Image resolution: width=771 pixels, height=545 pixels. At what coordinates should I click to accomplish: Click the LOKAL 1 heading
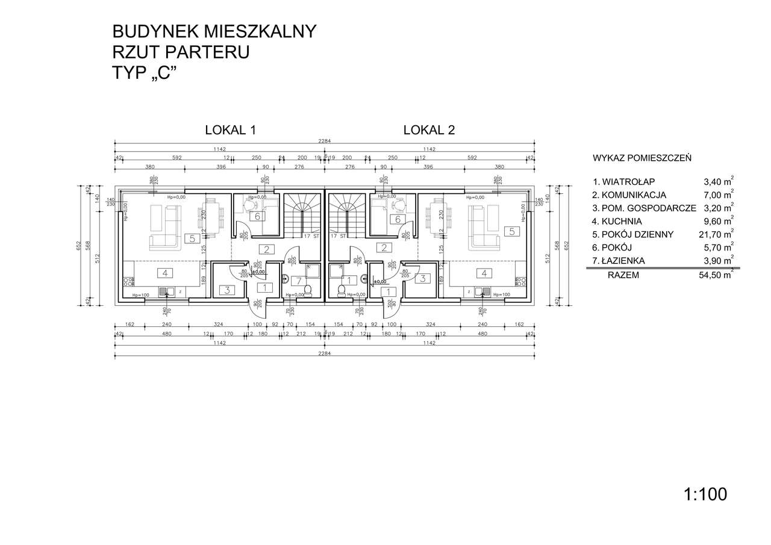(x=231, y=129)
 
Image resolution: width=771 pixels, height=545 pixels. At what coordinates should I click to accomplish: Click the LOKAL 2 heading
(x=429, y=129)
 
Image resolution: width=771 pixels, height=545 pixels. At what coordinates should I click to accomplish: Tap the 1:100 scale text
(x=705, y=494)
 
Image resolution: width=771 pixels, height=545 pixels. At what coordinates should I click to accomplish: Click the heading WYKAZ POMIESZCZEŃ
(x=641, y=158)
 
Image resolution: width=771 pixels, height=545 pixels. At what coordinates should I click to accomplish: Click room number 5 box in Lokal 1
(x=192, y=238)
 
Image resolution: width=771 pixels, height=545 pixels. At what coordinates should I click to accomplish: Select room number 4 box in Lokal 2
(x=484, y=273)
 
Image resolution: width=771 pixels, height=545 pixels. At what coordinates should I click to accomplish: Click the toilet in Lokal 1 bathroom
(x=308, y=291)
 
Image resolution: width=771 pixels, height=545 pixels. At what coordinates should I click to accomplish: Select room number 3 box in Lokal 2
(x=423, y=278)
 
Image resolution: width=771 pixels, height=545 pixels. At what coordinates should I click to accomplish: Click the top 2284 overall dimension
(x=325, y=142)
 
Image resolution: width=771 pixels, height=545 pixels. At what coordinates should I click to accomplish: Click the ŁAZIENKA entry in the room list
(x=622, y=261)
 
